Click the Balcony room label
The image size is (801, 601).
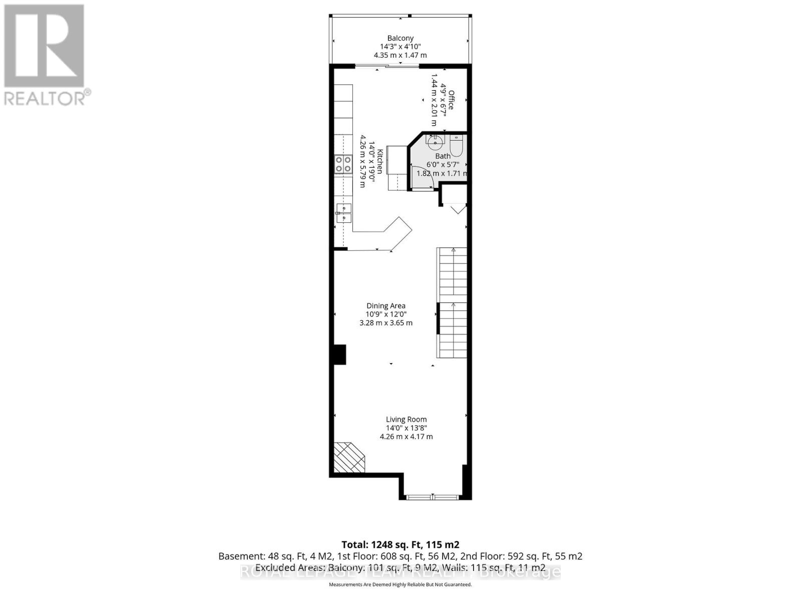click(x=400, y=38)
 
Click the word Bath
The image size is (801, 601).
click(x=443, y=156)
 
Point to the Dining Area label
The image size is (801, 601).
click(x=386, y=306)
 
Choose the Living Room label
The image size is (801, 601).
click(x=406, y=419)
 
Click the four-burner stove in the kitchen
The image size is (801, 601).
click(x=343, y=165)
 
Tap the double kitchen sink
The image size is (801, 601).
click(x=343, y=213)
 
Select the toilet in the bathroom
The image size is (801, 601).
click(x=457, y=146)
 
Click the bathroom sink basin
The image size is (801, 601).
click(x=435, y=140)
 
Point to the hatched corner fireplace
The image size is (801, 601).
click(x=348, y=457)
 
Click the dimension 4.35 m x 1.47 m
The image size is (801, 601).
click(x=400, y=55)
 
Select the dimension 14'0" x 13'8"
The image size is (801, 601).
click(x=406, y=428)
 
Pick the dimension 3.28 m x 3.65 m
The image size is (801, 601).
click(x=386, y=323)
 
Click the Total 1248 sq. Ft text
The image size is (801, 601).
click(x=400, y=544)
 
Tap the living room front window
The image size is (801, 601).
click(x=432, y=497)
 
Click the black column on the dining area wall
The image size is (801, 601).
click(x=340, y=354)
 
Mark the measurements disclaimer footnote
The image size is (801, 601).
click(x=400, y=584)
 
